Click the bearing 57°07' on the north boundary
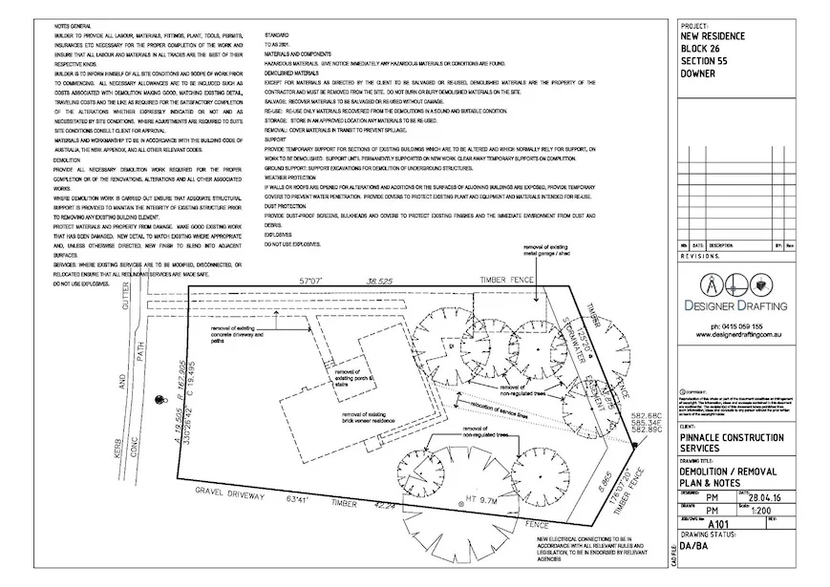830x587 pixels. pos(312,281)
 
